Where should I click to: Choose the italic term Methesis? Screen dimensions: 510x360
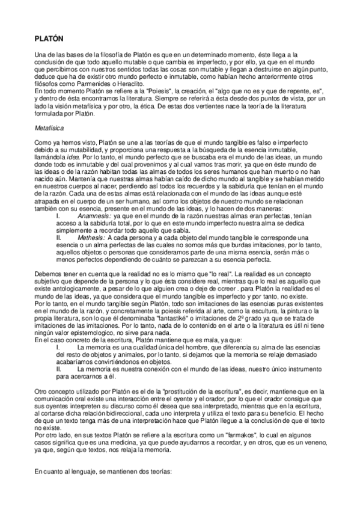[x=91, y=237]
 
